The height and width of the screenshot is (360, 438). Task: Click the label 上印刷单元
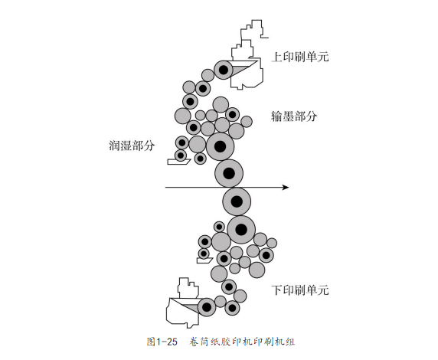coord(300,57)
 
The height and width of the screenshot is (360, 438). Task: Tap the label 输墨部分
coord(294,116)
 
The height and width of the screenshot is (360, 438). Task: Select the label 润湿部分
coord(132,146)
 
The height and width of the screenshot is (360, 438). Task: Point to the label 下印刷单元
coord(300,290)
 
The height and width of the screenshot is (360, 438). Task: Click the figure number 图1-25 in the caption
coord(162,342)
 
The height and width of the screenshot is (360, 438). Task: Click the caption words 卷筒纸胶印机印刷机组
coord(242,342)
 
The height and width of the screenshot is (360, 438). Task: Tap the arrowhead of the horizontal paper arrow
coord(286,187)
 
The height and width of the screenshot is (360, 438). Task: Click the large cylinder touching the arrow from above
coord(229,173)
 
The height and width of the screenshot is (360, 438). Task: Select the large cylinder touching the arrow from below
coord(237,201)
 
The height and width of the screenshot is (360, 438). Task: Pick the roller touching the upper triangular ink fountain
coord(223,70)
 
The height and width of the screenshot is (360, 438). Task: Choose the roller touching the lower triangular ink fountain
coord(207,307)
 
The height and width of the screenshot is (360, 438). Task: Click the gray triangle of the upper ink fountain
coord(243,67)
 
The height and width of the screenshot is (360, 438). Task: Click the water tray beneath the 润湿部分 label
coord(178,162)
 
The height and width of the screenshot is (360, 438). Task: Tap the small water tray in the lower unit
coord(204,260)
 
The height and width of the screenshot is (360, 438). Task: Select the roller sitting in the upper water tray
coord(181,155)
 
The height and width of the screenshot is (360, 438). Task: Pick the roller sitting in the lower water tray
coord(204,254)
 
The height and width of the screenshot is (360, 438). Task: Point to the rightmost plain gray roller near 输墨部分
coord(247,122)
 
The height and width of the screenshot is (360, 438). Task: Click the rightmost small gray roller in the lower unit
coord(272,243)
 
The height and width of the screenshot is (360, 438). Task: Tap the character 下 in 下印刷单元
coord(276,290)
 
